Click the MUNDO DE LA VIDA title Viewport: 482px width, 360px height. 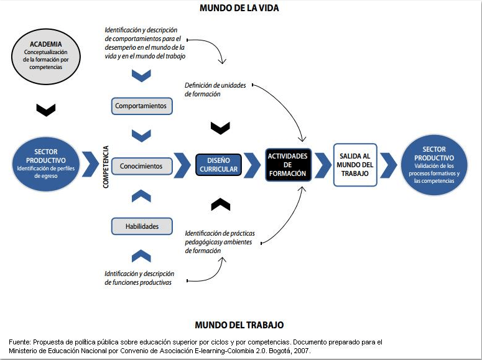click(x=239, y=8)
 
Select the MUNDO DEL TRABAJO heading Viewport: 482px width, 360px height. click(x=239, y=325)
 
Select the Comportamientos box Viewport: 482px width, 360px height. click(x=141, y=106)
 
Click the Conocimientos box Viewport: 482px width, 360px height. click(x=141, y=166)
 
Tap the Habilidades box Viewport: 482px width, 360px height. click(x=141, y=226)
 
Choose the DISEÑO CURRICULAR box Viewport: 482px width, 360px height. click(x=218, y=165)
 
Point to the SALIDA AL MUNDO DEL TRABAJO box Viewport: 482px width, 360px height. click(x=355, y=165)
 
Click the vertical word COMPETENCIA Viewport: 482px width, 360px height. click(x=106, y=167)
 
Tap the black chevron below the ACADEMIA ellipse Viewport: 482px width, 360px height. click(x=46, y=109)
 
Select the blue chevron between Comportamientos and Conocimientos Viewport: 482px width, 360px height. click(x=142, y=135)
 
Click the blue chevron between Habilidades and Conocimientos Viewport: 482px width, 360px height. click(x=142, y=196)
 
